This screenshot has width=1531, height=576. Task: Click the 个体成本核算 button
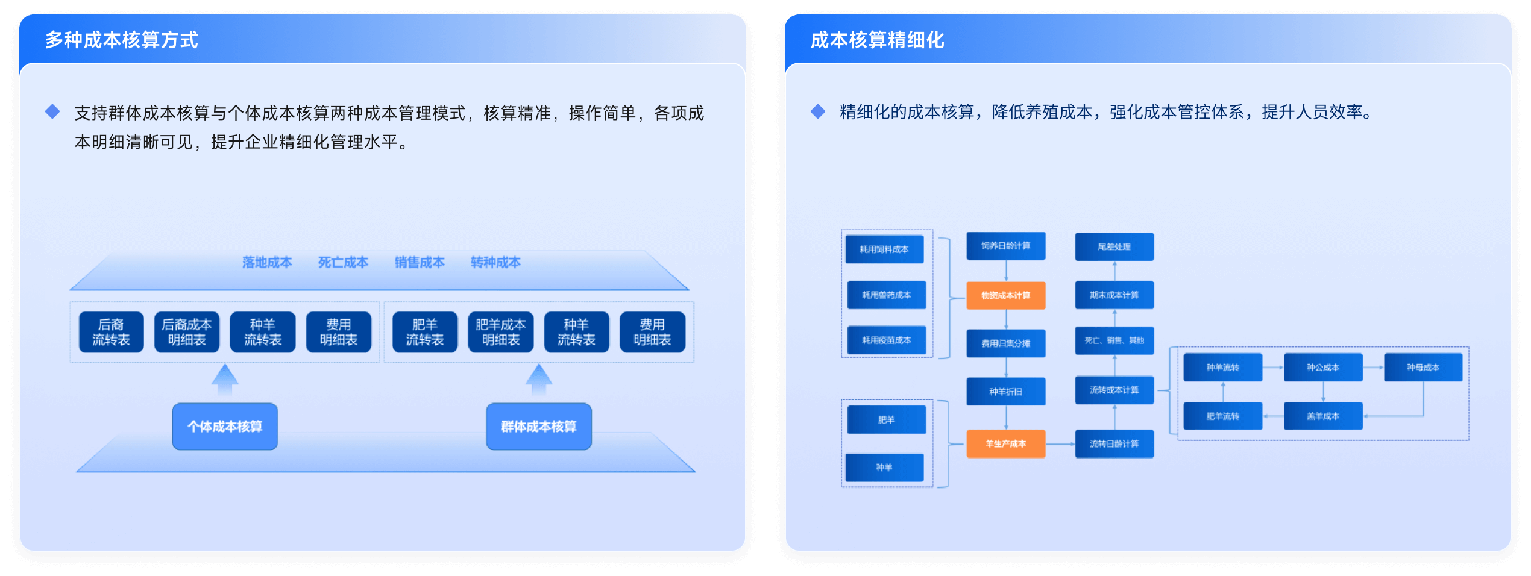point(225,427)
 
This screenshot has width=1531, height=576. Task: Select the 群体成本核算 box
point(538,427)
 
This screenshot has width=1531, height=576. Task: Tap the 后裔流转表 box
point(111,332)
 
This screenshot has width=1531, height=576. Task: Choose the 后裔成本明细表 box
point(187,332)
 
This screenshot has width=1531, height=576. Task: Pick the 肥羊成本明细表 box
point(500,332)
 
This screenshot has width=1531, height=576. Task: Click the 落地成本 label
point(267,263)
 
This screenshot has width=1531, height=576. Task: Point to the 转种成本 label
point(495,263)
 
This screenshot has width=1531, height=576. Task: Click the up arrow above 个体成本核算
point(225,379)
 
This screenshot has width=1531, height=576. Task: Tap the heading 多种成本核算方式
point(121,40)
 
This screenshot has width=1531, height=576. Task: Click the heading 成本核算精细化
point(877,40)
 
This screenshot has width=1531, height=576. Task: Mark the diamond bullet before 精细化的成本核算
point(818,111)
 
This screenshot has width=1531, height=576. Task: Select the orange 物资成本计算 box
point(1005,295)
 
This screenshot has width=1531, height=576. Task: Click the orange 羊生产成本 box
point(1005,444)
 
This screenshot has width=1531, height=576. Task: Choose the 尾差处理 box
point(1114,246)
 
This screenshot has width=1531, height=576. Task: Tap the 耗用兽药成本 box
point(886,295)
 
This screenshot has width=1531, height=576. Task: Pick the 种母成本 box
point(1423,368)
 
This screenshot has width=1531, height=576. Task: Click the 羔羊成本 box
point(1322,416)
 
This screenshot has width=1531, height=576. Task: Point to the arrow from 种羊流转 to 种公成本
point(1272,368)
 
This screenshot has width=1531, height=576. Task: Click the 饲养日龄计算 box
point(1005,246)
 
